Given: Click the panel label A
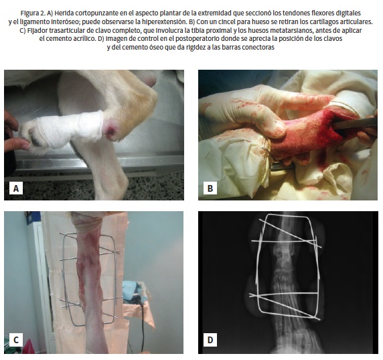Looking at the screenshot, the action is point(16,188).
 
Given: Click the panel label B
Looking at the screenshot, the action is point(210,188).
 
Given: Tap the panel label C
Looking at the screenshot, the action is point(16,340).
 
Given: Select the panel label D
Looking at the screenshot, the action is point(210,340).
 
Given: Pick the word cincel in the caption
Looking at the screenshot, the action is point(228,21).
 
